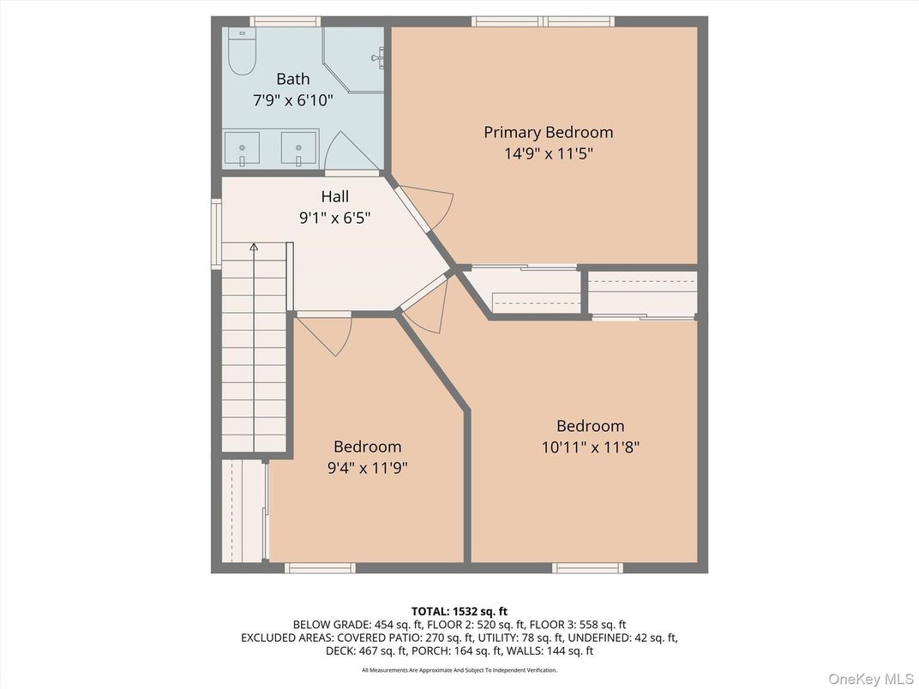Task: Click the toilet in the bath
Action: (x=242, y=53)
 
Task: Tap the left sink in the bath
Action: (x=242, y=148)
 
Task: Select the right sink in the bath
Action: (x=299, y=148)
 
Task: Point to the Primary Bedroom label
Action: (x=548, y=132)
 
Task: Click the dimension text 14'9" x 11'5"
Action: (x=548, y=154)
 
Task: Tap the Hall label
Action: (x=334, y=196)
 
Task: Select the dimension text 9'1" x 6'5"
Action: (x=334, y=218)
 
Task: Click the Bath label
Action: (x=292, y=79)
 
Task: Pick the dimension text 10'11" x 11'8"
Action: (x=590, y=446)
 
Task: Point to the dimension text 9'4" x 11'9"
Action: (x=367, y=468)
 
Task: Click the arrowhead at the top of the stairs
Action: (x=254, y=247)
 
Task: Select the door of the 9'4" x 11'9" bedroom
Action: (x=325, y=333)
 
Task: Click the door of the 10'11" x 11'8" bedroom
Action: (x=427, y=306)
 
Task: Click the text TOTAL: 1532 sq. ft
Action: (x=459, y=611)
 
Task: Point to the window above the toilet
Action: (x=285, y=21)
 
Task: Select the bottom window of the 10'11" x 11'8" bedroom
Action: (x=586, y=567)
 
